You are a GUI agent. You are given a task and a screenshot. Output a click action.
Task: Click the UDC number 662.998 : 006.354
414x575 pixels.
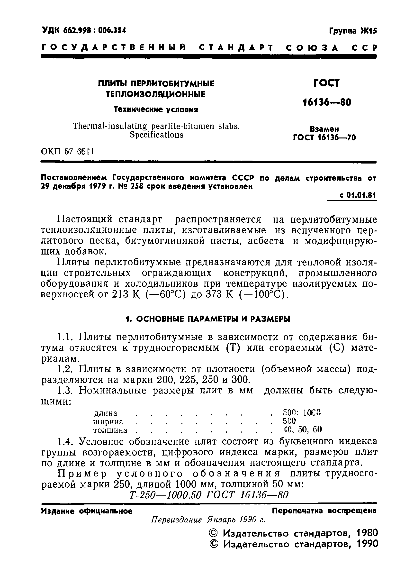84,31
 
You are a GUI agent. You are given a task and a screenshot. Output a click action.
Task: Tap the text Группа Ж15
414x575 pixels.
353,31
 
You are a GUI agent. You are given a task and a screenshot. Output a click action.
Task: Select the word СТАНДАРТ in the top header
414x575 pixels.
236,48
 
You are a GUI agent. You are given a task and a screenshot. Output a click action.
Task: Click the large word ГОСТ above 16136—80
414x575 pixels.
326,83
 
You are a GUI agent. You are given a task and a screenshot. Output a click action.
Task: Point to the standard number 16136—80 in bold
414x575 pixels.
327,102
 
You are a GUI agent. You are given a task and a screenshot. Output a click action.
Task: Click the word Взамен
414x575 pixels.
324,129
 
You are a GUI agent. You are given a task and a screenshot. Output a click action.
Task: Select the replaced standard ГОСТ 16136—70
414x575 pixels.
324,137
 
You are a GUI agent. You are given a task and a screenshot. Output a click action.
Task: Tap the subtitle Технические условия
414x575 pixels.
156,110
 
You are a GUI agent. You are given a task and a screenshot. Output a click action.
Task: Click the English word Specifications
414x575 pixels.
156,135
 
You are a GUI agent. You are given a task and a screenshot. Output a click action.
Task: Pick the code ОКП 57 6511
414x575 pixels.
67,152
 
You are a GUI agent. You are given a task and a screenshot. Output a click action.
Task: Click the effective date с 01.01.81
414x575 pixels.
358,195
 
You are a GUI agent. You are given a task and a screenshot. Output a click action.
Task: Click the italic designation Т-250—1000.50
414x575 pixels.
165,494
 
